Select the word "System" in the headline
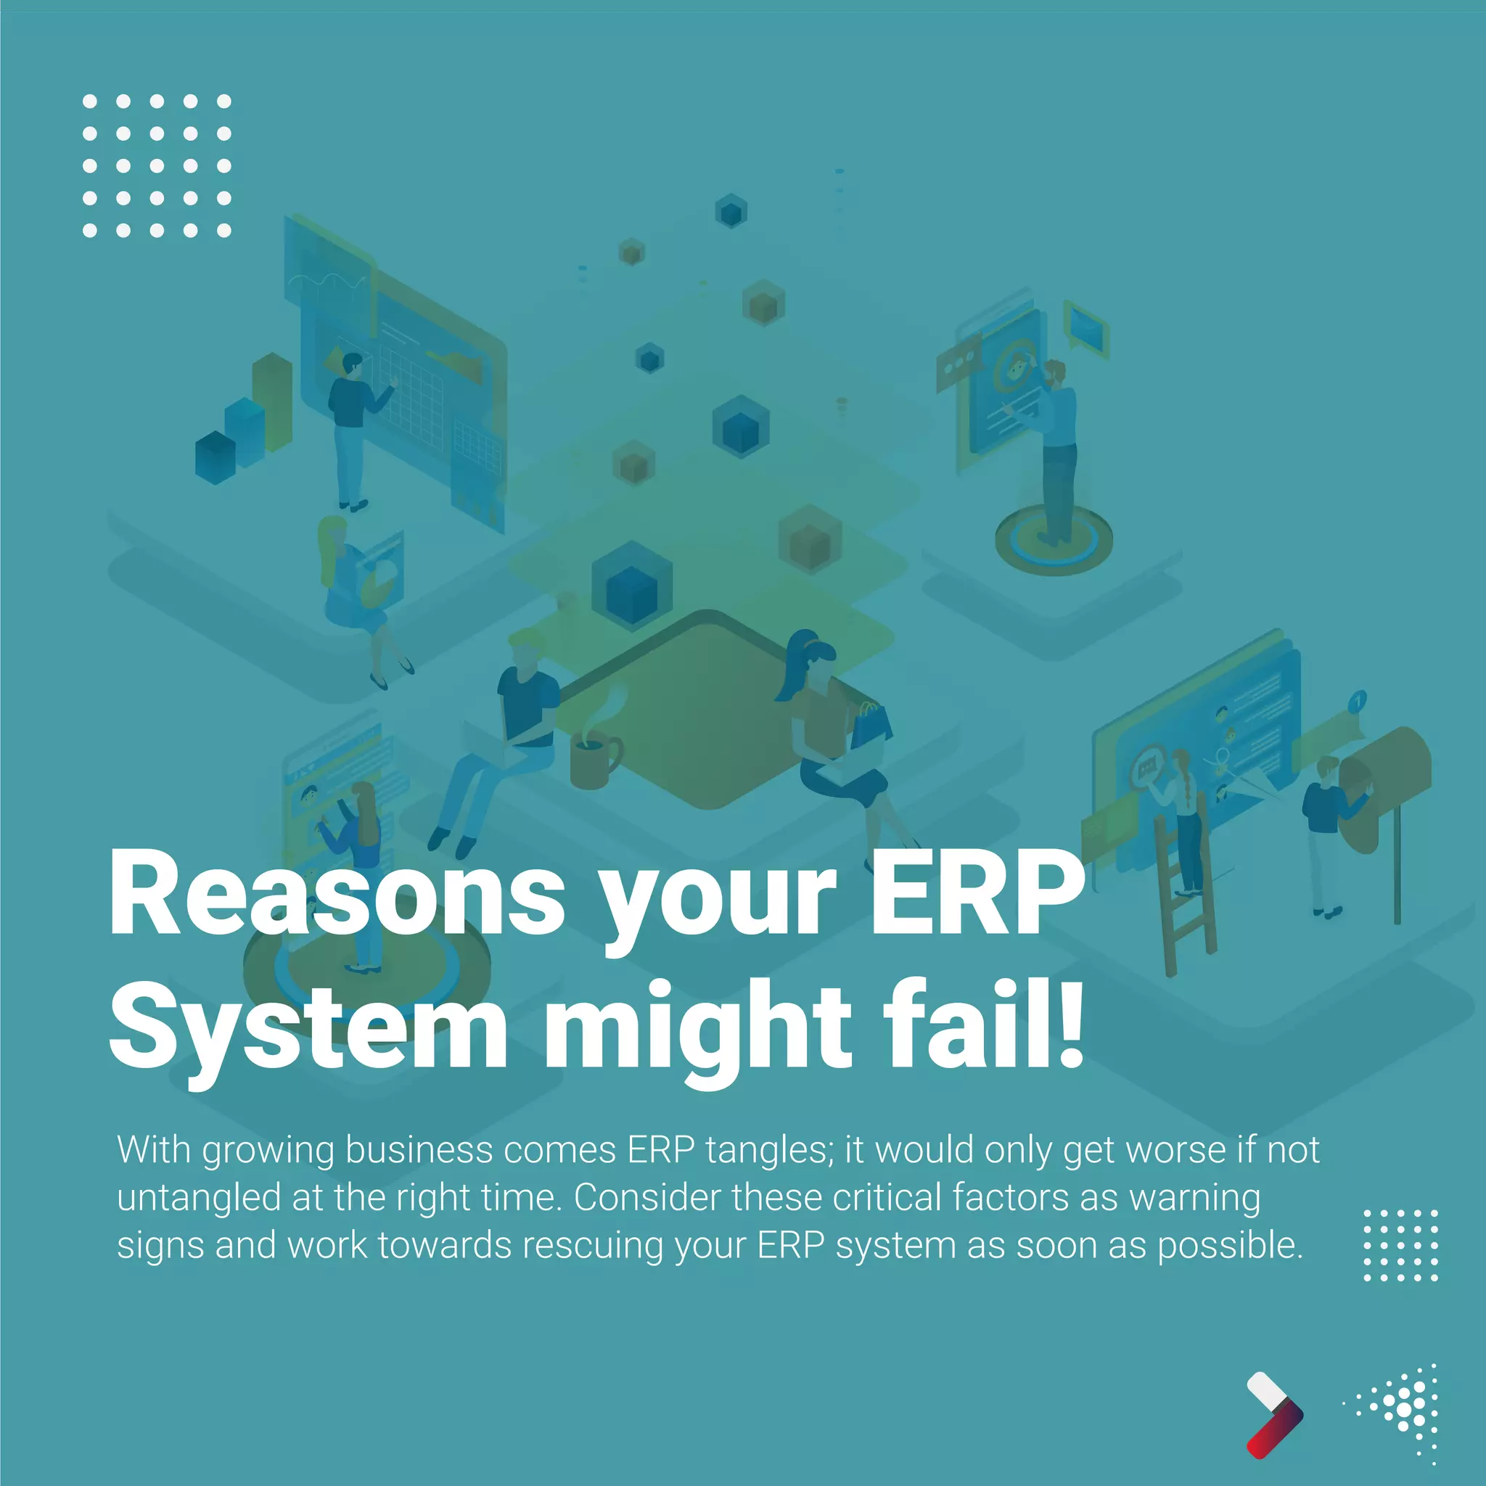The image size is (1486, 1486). coord(308,1027)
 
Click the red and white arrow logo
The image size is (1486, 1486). coord(1273,1415)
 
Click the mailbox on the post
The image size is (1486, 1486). coord(1384,784)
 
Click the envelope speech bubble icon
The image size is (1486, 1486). coord(1085,327)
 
